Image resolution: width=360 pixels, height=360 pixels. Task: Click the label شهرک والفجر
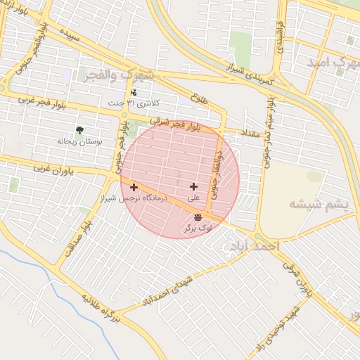point(120,73)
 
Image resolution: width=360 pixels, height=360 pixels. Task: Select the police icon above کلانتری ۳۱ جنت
point(134,92)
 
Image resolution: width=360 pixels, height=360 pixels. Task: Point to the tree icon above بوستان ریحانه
point(79,130)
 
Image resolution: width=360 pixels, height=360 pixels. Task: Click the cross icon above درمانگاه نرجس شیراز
point(134,187)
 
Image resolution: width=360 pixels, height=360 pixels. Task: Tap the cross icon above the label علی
point(193,186)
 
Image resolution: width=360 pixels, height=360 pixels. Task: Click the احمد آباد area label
point(254,247)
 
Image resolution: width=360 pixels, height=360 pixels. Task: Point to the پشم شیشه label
point(319,204)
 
